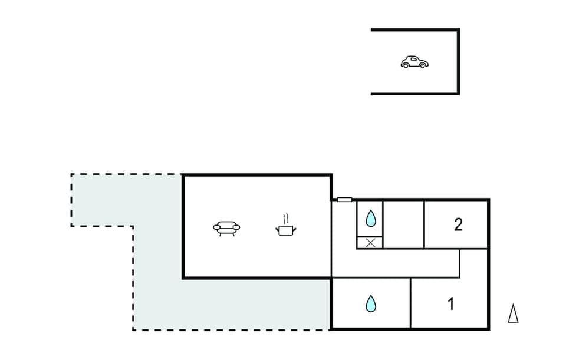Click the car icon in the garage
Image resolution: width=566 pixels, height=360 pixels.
(414, 62)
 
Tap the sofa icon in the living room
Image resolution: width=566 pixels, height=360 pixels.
(226, 228)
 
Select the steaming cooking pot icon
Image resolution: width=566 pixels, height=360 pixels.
(286, 229)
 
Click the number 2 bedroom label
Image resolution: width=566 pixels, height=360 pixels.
(458, 224)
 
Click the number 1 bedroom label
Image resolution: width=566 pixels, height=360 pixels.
(450, 305)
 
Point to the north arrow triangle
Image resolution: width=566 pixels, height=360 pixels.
(513, 313)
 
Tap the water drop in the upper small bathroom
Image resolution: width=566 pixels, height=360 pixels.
(370, 219)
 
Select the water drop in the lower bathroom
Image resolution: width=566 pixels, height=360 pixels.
(370, 304)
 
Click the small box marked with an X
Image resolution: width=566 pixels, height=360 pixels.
(370, 242)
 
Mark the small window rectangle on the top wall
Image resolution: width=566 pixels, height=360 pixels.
(344, 200)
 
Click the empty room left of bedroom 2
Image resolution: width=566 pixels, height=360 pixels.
(403, 224)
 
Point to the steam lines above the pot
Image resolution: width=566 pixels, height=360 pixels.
(287, 217)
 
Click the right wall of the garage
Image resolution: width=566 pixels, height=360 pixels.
(458, 62)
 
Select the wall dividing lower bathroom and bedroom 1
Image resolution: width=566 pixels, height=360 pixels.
(410, 303)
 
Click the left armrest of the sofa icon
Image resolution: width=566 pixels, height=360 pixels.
(216, 227)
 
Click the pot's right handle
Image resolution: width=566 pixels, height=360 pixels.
(294, 228)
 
